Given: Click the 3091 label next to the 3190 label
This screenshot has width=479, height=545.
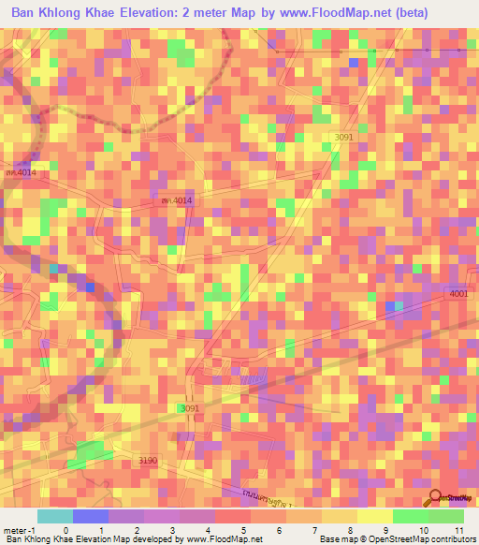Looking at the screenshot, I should [x=191, y=408].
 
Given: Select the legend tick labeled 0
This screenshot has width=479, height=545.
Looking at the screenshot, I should [x=65, y=530].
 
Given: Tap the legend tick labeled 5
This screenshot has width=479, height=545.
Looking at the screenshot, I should [x=244, y=530].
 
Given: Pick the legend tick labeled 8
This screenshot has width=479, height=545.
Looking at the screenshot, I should [x=351, y=530].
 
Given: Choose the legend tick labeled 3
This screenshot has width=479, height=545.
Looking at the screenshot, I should [x=173, y=530].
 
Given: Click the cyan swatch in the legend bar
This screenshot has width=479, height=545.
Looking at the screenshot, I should [x=55, y=516].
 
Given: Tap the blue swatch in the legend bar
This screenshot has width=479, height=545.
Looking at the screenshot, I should [x=91, y=516].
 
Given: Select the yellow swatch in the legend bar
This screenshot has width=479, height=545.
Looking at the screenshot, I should [x=374, y=516].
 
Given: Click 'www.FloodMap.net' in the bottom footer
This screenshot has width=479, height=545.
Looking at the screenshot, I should [x=225, y=540].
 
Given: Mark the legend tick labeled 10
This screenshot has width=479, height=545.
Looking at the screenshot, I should [x=421, y=530].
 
